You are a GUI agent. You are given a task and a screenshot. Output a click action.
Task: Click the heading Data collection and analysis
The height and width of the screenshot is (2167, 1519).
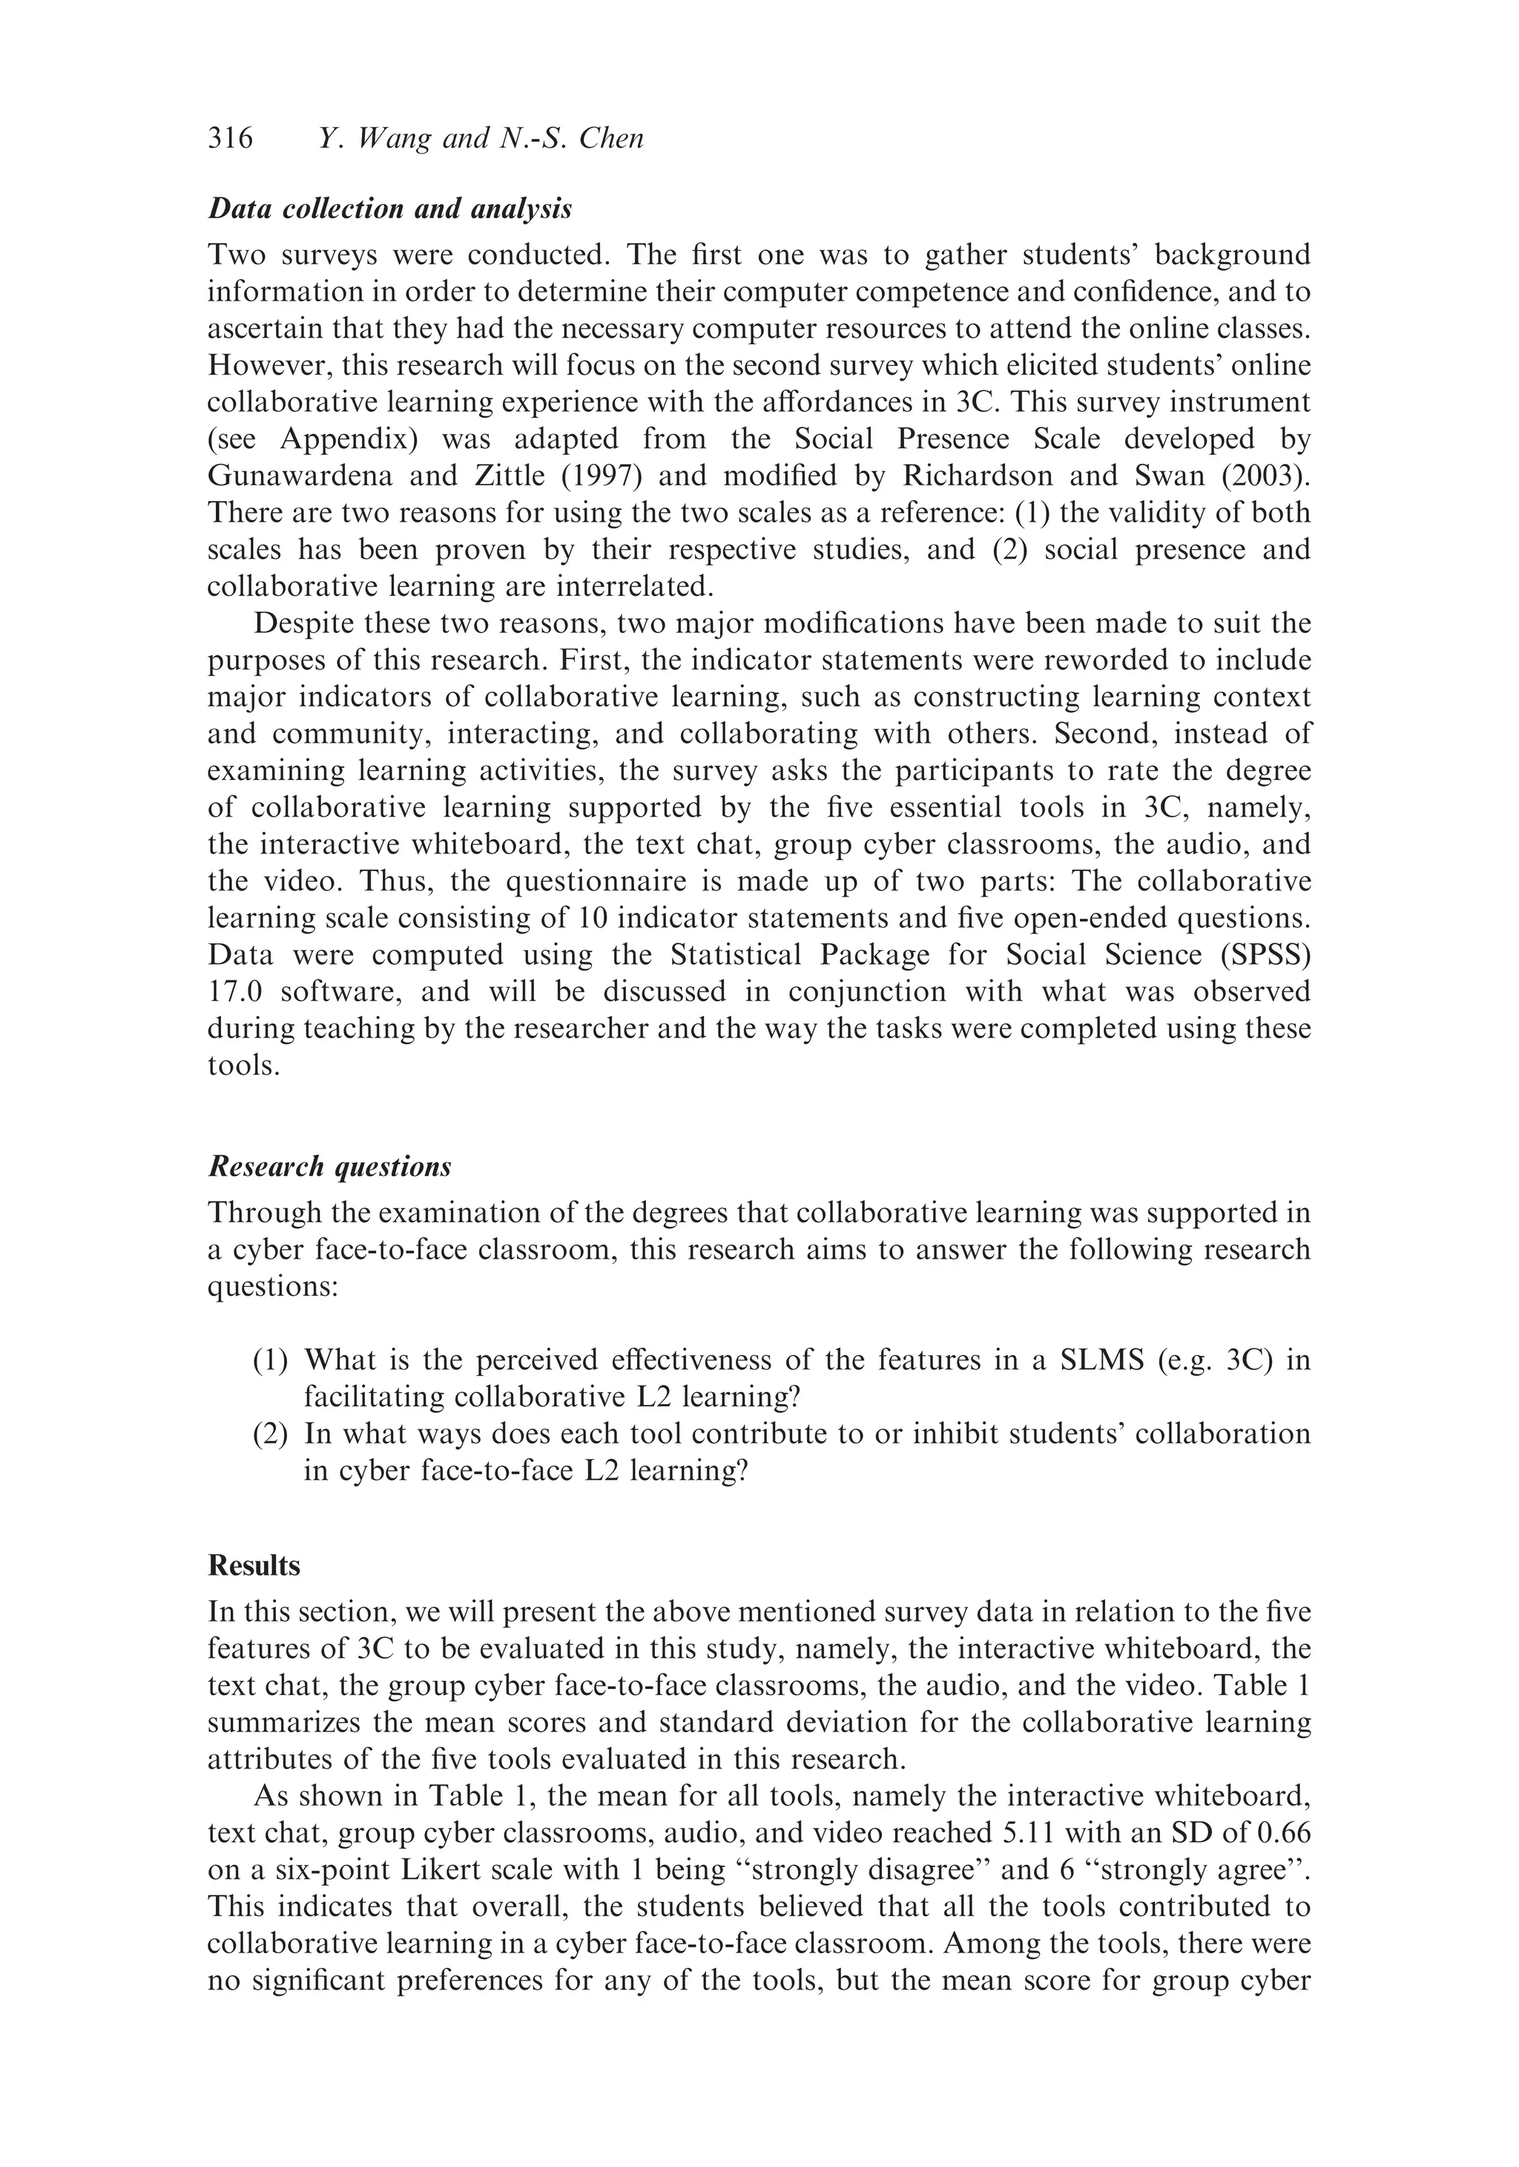389,209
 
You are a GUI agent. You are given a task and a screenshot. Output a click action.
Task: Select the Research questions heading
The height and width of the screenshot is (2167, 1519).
329,1167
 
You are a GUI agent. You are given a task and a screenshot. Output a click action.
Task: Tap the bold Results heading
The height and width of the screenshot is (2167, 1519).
254,1566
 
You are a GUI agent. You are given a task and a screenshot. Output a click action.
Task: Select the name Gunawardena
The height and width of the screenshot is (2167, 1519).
298,476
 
